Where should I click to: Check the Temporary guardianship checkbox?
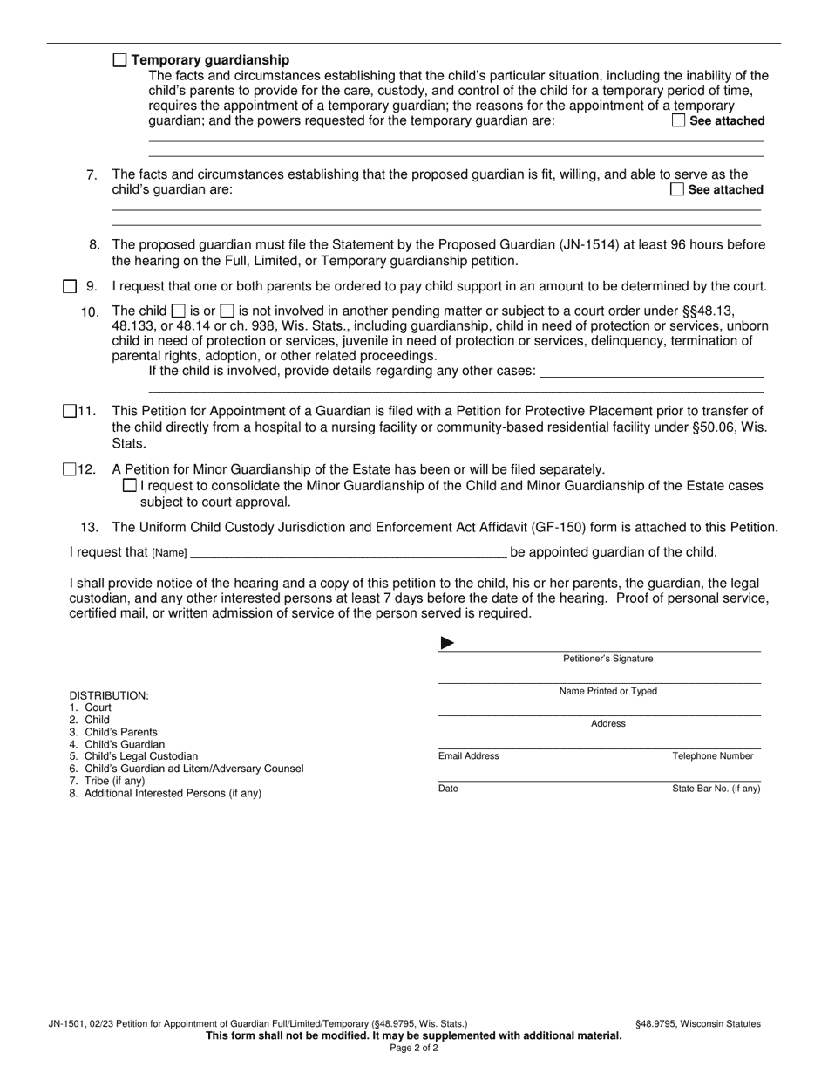[x=120, y=60]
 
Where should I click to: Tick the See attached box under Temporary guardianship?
[x=678, y=121]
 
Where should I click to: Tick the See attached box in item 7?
[x=677, y=189]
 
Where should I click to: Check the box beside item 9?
[x=71, y=286]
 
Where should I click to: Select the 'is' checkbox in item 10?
[x=178, y=311]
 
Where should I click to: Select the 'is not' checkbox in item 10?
[x=227, y=311]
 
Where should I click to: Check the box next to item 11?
[x=71, y=412]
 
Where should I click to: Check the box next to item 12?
[x=71, y=469]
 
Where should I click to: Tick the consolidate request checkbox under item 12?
[x=130, y=485]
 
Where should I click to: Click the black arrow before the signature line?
[x=447, y=643]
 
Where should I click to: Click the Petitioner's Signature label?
[x=607, y=659]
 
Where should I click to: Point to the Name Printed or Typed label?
[x=607, y=691]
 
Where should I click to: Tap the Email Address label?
[x=468, y=756]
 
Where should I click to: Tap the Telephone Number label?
[x=712, y=756]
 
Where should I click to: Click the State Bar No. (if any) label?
[x=716, y=789]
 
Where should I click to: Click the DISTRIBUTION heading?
[x=109, y=695]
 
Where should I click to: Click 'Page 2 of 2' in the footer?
[x=414, y=1048]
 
